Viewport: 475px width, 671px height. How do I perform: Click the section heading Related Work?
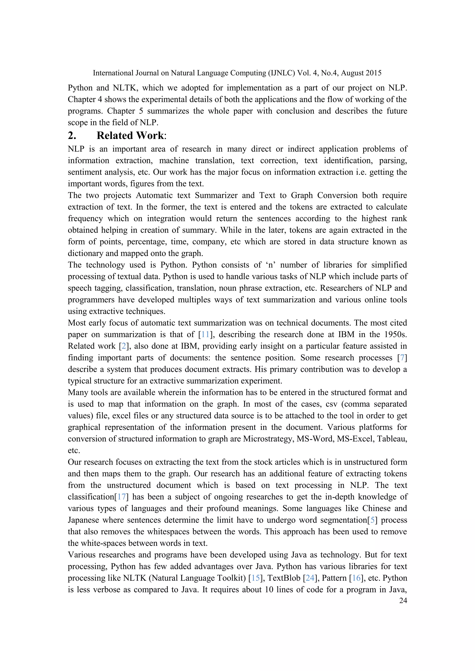coord(130,136)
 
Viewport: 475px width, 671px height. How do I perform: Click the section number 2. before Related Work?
coord(72,136)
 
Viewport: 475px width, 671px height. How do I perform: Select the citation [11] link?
coord(205,334)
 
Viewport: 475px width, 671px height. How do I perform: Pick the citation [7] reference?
coord(402,358)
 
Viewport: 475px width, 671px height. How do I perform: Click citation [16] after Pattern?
coord(356,578)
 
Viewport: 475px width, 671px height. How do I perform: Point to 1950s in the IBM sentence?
coord(395,334)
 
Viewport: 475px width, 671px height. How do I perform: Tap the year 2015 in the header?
coord(373,73)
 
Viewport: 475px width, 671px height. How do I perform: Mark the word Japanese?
coord(85,520)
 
